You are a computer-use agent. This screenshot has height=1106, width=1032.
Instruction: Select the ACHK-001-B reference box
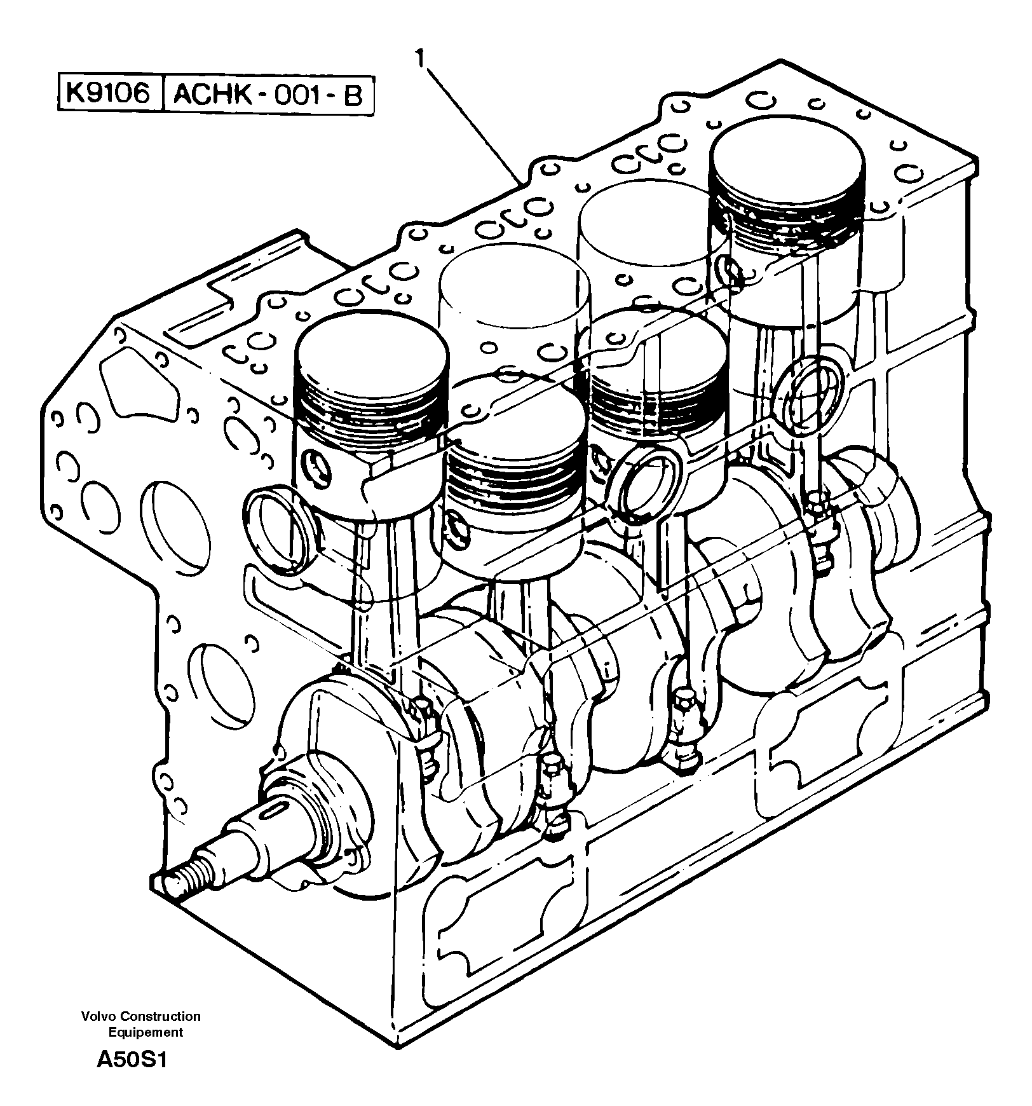coord(268,96)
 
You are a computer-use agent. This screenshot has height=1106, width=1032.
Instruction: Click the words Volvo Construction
coord(140,1016)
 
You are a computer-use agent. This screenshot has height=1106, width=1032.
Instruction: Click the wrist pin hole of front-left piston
coord(316,468)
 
